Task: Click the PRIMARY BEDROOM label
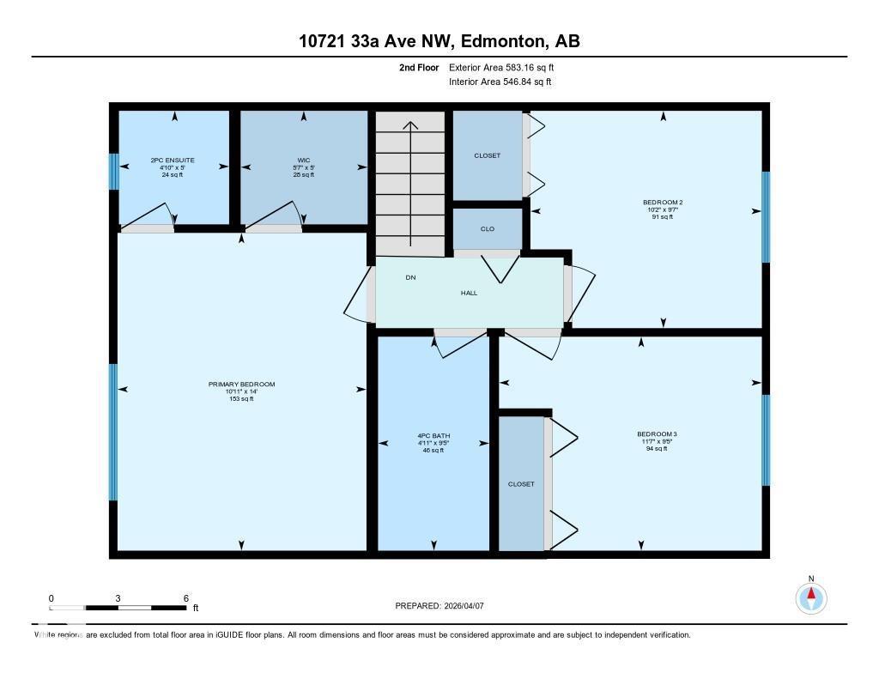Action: pyautogui.click(x=241, y=385)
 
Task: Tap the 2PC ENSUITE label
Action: pyautogui.click(x=173, y=161)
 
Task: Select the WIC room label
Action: pyautogui.click(x=303, y=161)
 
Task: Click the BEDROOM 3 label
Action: pyautogui.click(x=657, y=434)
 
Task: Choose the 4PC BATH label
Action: pyautogui.click(x=433, y=436)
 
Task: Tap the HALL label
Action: pyautogui.click(x=469, y=293)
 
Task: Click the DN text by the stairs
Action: pyautogui.click(x=410, y=277)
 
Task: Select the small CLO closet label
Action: pyautogui.click(x=487, y=229)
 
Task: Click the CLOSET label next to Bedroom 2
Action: pyautogui.click(x=487, y=155)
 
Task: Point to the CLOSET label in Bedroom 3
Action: pyautogui.click(x=521, y=484)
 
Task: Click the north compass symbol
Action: pyautogui.click(x=810, y=597)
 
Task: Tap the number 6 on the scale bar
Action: pyautogui.click(x=185, y=598)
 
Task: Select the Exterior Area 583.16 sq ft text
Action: pyautogui.click(x=507, y=67)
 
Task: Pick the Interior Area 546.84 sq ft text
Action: pyautogui.click(x=500, y=82)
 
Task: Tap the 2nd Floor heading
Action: pyautogui.click(x=419, y=67)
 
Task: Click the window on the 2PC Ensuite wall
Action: pyautogui.click(x=113, y=171)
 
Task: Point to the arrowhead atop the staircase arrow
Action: pyautogui.click(x=410, y=125)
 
